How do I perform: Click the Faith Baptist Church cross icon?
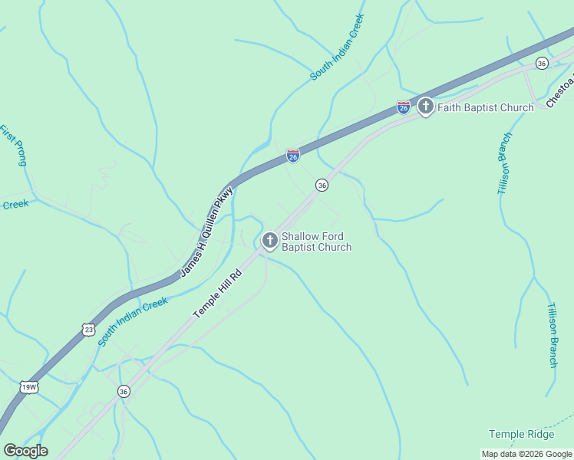pos(426,107)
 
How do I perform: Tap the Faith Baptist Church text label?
pos(485,107)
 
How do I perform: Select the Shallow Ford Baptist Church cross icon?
pos(269,241)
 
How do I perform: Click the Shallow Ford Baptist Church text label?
pos(316,242)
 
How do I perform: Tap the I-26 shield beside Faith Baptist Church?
pos(404,107)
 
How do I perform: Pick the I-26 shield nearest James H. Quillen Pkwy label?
pos(293,155)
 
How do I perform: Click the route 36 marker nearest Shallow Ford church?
pos(322,186)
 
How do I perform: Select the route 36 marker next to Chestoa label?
pos(542,63)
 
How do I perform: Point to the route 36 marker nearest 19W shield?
pos(124,391)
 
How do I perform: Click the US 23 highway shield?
pos(88,329)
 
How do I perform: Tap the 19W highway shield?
pos(29,386)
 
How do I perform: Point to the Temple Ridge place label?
pos(521,435)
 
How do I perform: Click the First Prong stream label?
pos(14,145)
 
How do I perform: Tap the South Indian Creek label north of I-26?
pos(336,46)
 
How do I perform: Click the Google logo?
pos(25,451)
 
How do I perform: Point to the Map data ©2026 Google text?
pos(526,454)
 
